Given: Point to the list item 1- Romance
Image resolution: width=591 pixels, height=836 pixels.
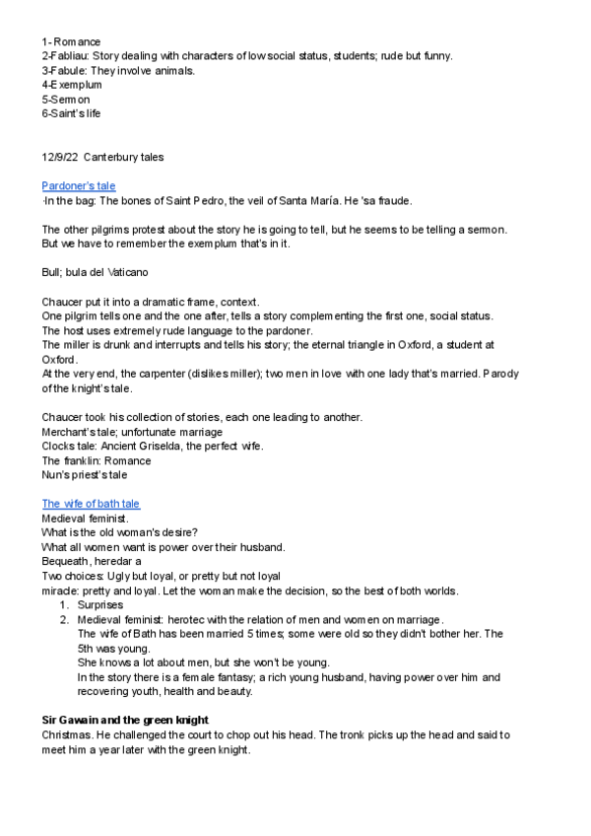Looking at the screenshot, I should click(71, 42).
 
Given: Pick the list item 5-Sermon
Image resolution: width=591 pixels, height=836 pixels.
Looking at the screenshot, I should click(66, 99).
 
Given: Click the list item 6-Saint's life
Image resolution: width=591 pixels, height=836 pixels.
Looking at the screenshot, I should click(71, 113).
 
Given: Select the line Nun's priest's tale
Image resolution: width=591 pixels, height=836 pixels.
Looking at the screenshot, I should click(85, 475).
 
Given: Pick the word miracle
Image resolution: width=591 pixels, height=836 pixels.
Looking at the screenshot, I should click(59, 590).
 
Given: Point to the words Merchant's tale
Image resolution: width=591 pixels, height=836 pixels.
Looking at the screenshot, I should click(79, 433).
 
